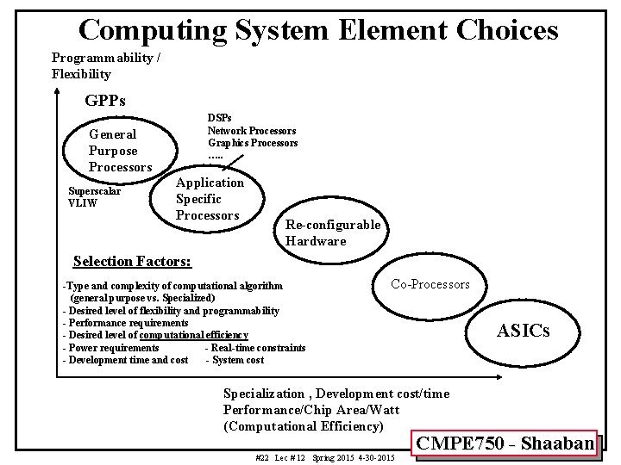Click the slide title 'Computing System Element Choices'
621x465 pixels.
(318, 30)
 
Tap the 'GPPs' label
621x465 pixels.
(105, 101)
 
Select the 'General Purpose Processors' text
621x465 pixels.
(120, 151)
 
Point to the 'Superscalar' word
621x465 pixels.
(95, 191)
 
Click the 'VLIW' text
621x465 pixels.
(83, 203)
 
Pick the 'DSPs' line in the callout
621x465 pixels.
(219, 118)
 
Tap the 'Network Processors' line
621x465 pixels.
(252, 130)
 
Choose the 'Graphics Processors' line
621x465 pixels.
(253, 142)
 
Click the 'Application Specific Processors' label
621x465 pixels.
(210, 199)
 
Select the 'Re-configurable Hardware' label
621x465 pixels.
(332, 232)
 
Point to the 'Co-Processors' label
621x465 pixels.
(430, 284)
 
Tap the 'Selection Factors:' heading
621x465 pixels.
(133, 261)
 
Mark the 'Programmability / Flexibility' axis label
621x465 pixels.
(106, 65)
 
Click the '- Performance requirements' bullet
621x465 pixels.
(125, 322)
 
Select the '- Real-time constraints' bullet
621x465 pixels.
(255, 347)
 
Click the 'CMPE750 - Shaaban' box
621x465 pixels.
(505, 444)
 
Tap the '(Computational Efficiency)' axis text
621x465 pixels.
(303, 425)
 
